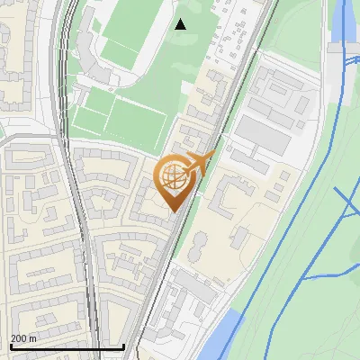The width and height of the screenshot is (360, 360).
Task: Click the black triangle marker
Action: pyautogui.click(x=181, y=24)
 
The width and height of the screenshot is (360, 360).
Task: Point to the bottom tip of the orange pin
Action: pyautogui.click(x=173, y=212)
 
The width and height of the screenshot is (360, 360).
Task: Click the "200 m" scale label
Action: pyautogui.click(x=23, y=338)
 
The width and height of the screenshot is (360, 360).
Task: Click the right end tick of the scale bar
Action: pyautogui.click(x=123, y=346)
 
